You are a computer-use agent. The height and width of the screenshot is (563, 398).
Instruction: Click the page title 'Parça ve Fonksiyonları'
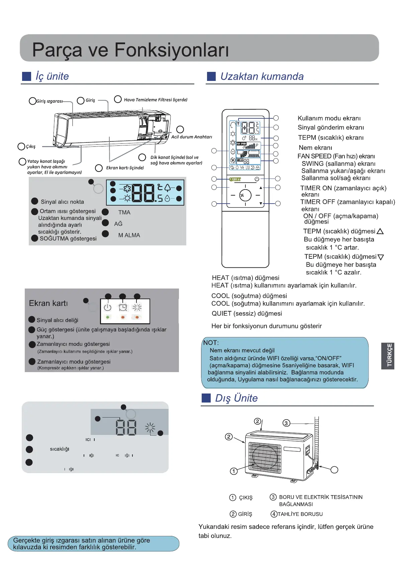pos(130,50)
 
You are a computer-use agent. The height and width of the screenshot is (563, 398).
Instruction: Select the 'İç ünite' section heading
pos(52,76)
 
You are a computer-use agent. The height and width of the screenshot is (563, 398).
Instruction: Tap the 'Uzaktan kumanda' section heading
pos(262,77)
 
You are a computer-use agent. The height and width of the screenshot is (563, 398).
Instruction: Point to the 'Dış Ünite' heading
pos(236,398)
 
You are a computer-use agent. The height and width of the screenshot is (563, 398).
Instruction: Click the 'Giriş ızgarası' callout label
pos(49,101)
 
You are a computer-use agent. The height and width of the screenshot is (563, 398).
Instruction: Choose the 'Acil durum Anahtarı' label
pos(192,137)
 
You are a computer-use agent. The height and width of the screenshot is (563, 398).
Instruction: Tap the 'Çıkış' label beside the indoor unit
pos(31,146)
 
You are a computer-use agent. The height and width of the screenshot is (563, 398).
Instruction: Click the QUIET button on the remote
pos(235,179)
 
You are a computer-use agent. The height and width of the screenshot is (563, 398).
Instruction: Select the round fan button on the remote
pos(245,195)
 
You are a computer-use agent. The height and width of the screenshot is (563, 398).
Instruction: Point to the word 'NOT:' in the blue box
pos(211,343)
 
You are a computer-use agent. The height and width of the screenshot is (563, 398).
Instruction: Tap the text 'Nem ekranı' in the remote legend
pos(315,147)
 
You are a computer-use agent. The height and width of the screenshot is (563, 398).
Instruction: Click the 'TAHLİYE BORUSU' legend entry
pos(300,514)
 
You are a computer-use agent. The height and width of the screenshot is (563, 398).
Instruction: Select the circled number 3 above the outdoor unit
pos(286,423)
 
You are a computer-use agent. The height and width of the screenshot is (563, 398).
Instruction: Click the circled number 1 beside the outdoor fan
pos(234,471)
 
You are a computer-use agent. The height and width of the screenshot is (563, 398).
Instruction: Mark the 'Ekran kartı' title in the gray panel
pos(48,303)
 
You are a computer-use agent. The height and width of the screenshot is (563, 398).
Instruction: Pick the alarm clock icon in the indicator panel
pos(123,307)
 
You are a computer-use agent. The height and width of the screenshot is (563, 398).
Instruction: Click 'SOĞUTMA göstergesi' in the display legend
pos(68,238)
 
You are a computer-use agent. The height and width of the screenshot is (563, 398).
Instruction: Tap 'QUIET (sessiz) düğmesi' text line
pos(246,314)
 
